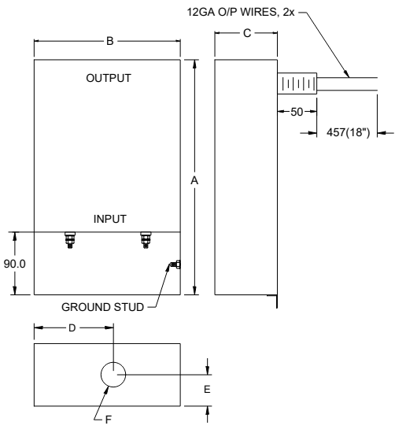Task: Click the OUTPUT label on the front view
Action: pos(109,79)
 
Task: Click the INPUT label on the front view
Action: pos(109,218)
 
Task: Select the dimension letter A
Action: pos(194,180)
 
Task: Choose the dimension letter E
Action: pos(208,389)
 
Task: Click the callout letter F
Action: pos(108,420)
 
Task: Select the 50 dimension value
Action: pos(296,113)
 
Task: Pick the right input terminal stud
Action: pos(145,239)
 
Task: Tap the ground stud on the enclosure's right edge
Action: pos(177,265)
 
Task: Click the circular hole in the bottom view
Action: pos(113,376)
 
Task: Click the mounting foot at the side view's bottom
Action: pos(275,299)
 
